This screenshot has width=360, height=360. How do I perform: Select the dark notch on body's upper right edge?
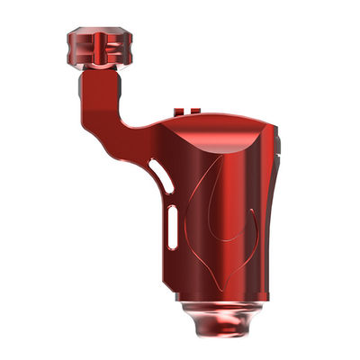280,148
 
